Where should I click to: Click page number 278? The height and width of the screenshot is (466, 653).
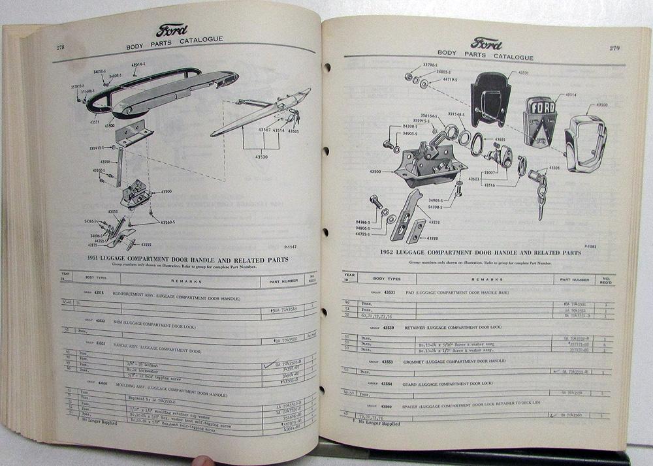[59, 47]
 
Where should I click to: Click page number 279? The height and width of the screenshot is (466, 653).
[615, 48]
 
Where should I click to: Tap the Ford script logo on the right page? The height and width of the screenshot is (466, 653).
[486, 44]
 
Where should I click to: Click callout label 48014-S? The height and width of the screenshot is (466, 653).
[138, 66]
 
